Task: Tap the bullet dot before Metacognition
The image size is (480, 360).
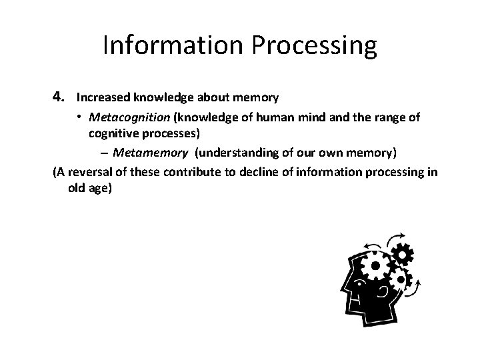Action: [x=78, y=117]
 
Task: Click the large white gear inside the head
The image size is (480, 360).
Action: [x=374, y=267]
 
